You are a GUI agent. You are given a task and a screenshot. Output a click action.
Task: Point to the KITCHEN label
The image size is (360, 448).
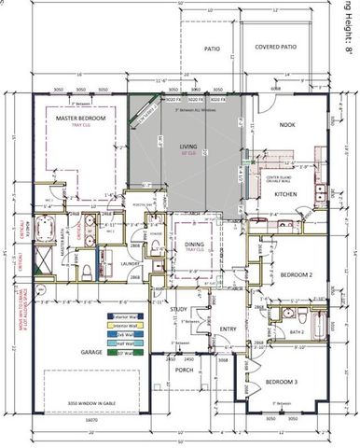(x=284, y=194)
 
